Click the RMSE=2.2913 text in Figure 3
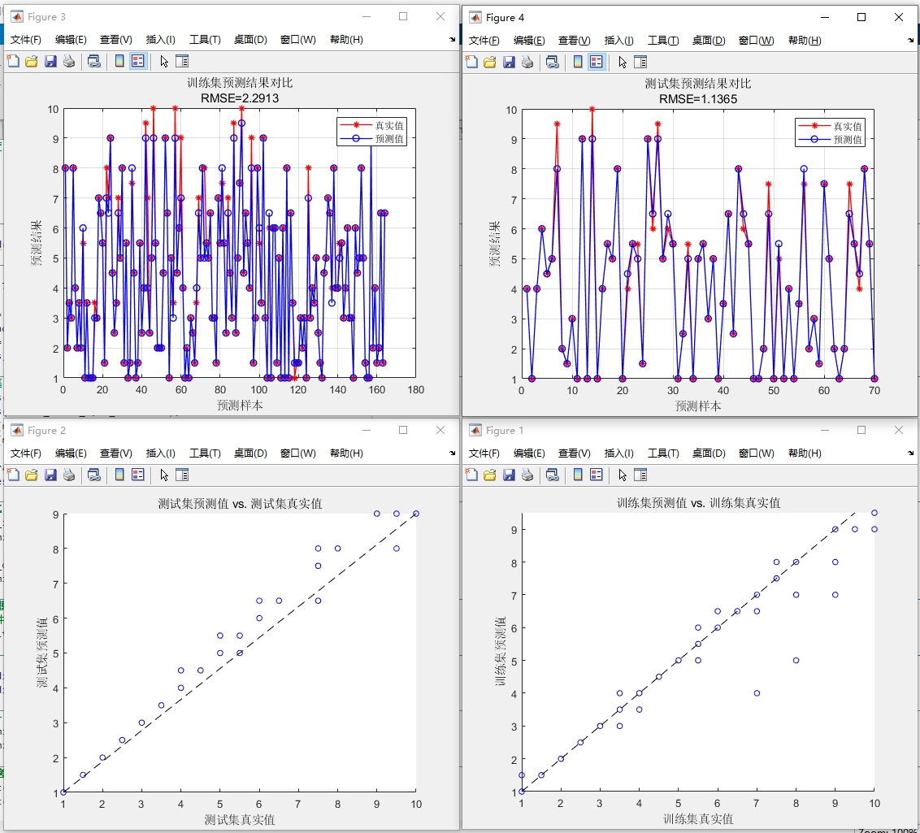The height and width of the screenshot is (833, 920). pyautogui.click(x=234, y=98)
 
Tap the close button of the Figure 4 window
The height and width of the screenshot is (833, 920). pyautogui.click(x=898, y=17)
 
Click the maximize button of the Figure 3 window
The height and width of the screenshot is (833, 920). pyautogui.click(x=403, y=17)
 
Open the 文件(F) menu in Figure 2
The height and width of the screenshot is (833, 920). pyautogui.click(x=27, y=453)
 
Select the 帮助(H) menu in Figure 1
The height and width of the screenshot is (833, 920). pyautogui.click(x=805, y=453)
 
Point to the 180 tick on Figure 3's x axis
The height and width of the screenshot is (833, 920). pyautogui.click(x=416, y=390)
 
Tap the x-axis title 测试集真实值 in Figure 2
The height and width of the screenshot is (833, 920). pyautogui.click(x=240, y=819)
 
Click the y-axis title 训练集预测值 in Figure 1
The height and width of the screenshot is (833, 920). pyautogui.click(x=501, y=651)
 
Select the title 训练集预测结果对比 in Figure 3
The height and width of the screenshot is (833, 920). pyautogui.click(x=234, y=83)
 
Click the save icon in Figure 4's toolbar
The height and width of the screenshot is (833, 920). pyautogui.click(x=509, y=62)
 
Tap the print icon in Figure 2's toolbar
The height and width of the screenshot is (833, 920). pyautogui.click(x=70, y=475)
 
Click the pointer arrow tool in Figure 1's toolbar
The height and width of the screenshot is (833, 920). pyautogui.click(x=623, y=475)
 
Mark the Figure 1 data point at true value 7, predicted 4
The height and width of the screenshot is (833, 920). pyautogui.click(x=757, y=693)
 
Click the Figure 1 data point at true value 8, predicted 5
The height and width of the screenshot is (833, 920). pyautogui.click(x=796, y=660)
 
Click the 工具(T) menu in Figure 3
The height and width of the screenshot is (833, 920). pyautogui.click(x=205, y=40)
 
